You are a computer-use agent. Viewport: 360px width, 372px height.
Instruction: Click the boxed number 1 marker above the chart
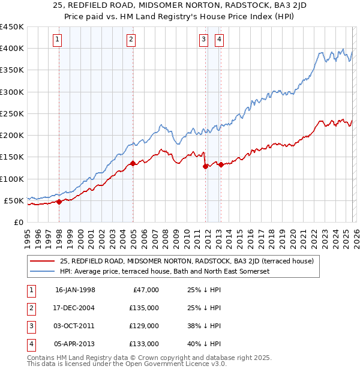point(58,40)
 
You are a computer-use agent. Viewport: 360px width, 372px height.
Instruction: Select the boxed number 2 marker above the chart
point(131,40)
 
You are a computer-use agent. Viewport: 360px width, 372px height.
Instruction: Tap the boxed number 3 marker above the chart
point(203,40)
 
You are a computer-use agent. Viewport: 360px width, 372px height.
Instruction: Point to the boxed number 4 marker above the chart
point(219,40)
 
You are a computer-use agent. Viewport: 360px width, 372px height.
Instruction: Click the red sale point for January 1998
point(59,202)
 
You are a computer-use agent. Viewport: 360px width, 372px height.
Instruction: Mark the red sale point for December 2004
point(133,163)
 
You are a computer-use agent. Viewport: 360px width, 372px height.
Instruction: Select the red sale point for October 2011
point(205,166)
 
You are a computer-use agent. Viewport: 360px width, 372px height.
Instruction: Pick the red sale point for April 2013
point(221,164)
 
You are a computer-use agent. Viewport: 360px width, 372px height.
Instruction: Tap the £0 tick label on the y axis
point(18,222)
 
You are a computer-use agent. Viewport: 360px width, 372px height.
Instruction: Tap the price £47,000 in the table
point(146,290)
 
